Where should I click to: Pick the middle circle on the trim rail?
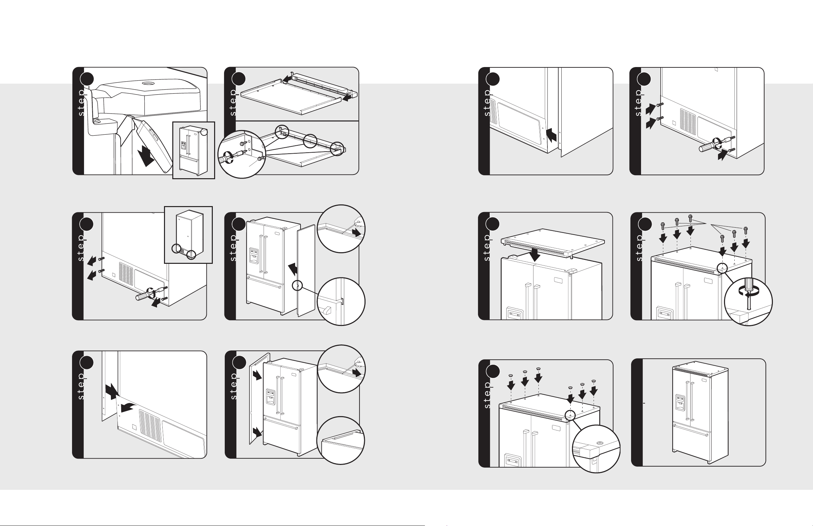[x=310, y=141]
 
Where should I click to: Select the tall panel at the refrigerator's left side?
[x=259, y=398]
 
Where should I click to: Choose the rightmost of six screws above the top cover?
[x=746, y=230]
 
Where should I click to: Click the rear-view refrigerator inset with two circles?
[x=189, y=235]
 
